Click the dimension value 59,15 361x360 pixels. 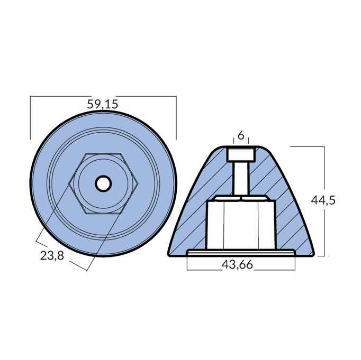click(103, 105)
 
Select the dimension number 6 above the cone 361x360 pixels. click(241, 135)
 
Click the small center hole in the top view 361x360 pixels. click(103, 183)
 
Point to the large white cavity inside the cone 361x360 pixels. click(240, 222)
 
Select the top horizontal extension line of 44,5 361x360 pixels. click(307, 146)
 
